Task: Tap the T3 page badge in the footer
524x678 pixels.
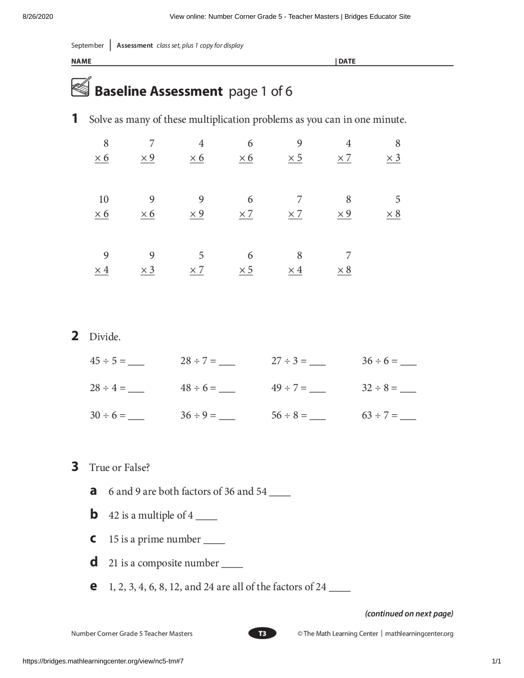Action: (x=262, y=633)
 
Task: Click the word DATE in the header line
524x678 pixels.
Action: (x=347, y=61)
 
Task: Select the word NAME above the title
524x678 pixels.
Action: (x=81, y=61)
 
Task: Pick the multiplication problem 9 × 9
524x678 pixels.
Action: (x=197, y=206)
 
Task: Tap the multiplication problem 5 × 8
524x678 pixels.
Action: (x=394, y=206)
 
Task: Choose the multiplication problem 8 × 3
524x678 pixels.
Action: (x=394, y=151)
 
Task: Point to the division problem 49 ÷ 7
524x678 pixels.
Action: (x=289, y=388)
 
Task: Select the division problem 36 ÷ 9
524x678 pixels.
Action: (x=198, y=415)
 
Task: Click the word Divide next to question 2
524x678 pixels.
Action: (x=105, y=337)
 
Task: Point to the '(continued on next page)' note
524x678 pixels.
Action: (x=409, y=613)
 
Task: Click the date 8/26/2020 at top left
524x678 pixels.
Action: (x=38, y=16)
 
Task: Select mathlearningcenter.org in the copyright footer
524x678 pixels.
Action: (x=419, y=634)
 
